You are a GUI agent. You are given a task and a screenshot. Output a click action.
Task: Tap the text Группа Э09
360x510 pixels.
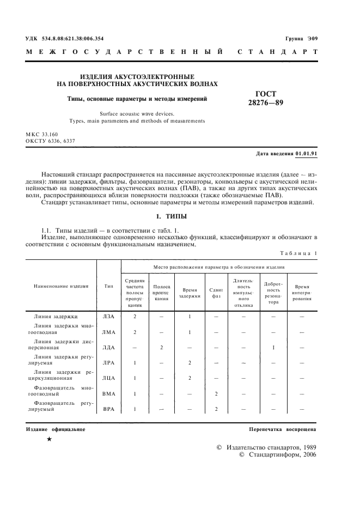coord(301,39)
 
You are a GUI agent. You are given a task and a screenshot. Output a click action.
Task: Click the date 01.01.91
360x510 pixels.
coord(307,154)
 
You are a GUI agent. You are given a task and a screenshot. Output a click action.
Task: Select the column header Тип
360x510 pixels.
coord(109,286)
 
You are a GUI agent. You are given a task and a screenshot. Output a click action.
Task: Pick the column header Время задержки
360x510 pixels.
coord(190,286)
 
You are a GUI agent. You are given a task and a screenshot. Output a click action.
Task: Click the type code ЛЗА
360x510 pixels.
coord(109,316)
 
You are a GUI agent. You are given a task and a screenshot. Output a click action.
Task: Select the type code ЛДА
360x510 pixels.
coord(109,347)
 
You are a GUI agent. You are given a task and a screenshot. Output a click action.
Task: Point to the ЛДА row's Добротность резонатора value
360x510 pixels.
coord(273,347)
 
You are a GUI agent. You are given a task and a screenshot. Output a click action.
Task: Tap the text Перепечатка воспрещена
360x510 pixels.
coord(283,430)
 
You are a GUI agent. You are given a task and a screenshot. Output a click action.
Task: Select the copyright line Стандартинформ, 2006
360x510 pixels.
coord(278,454)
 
